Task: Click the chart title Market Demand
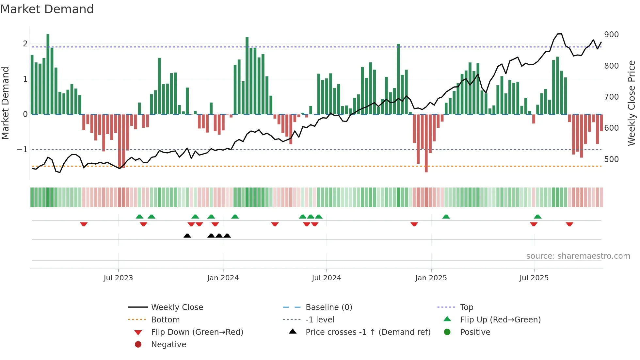(47, 9)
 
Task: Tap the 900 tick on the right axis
(611, 35)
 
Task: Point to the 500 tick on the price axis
(611, 159)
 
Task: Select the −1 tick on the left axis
(22, 150)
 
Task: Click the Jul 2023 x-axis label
(118, 278)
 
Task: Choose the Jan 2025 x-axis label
(431, 278)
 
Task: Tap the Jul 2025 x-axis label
(534, 278)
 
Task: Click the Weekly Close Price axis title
(632, 103)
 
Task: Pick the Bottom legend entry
(165, 320)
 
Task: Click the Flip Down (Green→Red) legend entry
(197, 332)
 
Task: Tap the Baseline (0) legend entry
(329, 307)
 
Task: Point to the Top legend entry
(467, 307)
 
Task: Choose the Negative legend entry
(168, 345)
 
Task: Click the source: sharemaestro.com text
(578, 256)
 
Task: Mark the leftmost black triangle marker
(187, 236)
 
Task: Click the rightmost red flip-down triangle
(569, 224)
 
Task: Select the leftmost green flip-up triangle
(139, 217)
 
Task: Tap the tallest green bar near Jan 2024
(247, 75)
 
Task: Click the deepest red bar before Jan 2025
(426, 144)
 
